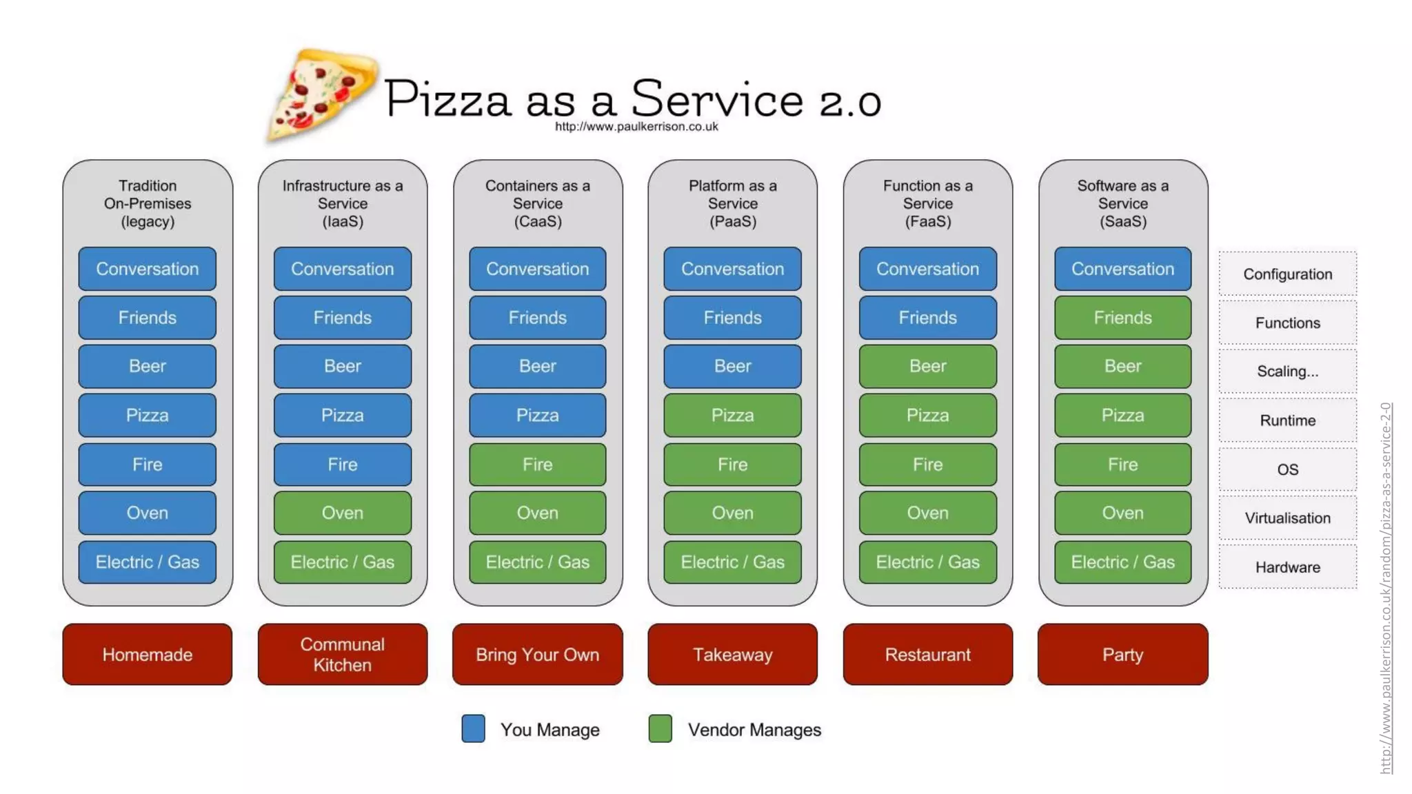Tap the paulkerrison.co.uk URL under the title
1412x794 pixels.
tap(636, 127)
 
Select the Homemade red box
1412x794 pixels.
tap(147, 654)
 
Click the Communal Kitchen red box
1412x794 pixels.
tap(342, 654)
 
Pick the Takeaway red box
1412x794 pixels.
tap(732, 654)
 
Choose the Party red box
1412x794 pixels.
tap(1122, 654)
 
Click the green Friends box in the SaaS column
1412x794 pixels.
tap(1122, 318)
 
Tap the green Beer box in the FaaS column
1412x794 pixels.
tap(927, 366)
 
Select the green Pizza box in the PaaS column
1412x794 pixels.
tap(732, 415)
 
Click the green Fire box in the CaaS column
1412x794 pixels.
tap(537, 465)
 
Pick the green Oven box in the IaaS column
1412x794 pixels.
tap(342, 513)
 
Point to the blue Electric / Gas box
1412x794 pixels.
tap(147, 562)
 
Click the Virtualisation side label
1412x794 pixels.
tap(1287, 518)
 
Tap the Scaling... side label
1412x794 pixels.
tap(1287, 371)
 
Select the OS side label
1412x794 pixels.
tap(1287, 469)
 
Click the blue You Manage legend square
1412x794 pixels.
tap(473, 729)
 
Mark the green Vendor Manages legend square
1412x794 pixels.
tap(660, 729)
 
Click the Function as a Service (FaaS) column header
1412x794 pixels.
tap(927, 203)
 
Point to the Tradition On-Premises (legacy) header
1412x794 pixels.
tap(147, 203)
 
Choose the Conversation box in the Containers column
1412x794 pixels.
tap(537, 269)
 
